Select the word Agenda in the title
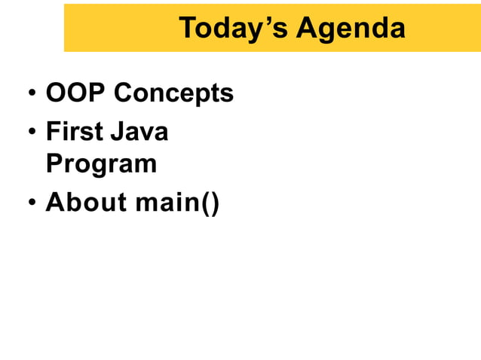(x=351, y=29)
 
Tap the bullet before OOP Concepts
(x=32, y=96)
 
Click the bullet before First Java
(x=32, y=133)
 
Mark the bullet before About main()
(x=32, y=204)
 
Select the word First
(x=73, y=132)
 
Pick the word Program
(x=101, y=164)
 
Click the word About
(x=84, y=203)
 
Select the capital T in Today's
(x=188, y=29)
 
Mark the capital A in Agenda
(x=305, y=29)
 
